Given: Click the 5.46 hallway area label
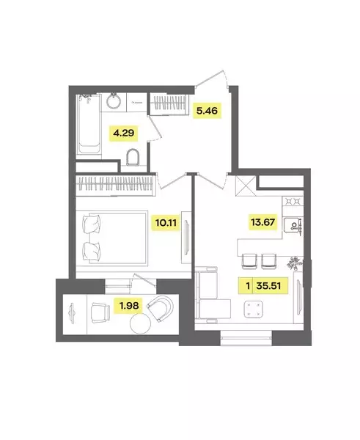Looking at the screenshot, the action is pyautogui.click(x=207, y=111).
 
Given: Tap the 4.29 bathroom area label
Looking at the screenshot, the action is pyautogui.click(x=123, y=133).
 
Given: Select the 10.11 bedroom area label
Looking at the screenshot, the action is pyautogui.click(x=166, y=223).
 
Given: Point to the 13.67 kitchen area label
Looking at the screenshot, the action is pyautogui.click(x=263, y=222).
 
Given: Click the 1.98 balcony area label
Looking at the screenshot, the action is pyautogui.click(x=129, y=305).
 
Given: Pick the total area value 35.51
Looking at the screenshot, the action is pyautogui.click(x=268, y=286).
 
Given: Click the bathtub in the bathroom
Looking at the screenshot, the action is pyautogui.click(x=89, y=125).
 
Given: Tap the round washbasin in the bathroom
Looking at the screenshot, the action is pyautogui.click(x=114, y=100).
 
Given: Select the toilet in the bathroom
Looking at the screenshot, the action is pyautogui.click(x=133, y=157).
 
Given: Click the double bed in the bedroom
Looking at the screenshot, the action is pyautogui.click(x=114, y=239).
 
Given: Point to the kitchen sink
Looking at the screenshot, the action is pyautogui.click(x=293, y=225).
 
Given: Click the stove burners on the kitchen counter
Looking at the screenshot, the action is pyautogui.click(x=293, y=201).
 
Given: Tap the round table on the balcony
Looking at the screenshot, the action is pyautogui.click(x=140, y=323).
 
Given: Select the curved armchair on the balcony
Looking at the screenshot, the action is pyautogui.click(x=161, y=309).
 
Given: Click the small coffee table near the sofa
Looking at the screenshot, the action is pyautogui.click(x=254, y=309).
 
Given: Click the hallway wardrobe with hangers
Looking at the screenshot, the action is pyautogui.click(x=170, y=103).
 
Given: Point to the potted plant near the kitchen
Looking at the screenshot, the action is pyautogui.click(x=294, y=263).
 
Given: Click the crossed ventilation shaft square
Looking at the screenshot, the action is pyautogui.click(x=246, y=186).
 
